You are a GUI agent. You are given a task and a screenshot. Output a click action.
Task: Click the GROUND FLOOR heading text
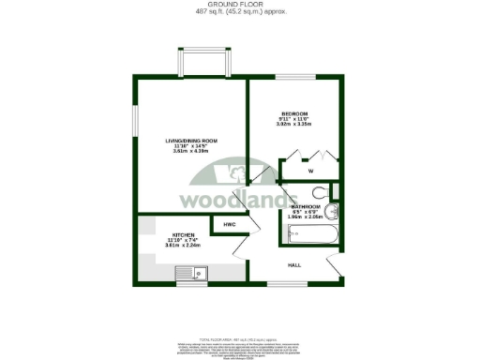tap(240, 5)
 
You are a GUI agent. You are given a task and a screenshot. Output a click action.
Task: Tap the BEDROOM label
tap(293, 113)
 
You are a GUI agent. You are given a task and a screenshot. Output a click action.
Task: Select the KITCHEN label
tap(182, 235)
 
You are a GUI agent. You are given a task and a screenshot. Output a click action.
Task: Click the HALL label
tap(293, 265)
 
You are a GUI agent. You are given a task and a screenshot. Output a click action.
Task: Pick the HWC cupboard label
tap(228, 225)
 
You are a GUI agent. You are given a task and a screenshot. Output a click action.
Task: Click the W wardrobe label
tap(309, 172)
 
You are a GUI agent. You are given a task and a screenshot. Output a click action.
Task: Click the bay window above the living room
tap(204, 63)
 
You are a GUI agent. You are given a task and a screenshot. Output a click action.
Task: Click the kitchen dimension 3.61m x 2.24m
tap(182, 246)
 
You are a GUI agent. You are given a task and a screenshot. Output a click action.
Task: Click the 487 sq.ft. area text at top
tap(240, 11)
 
